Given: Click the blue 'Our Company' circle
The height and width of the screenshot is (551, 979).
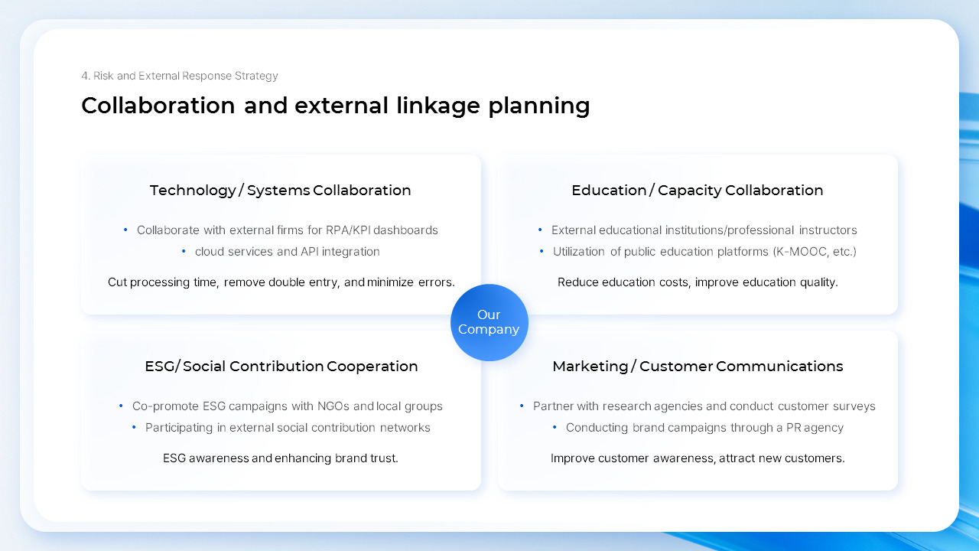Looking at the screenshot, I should pyautogui.click(x=489, y=322).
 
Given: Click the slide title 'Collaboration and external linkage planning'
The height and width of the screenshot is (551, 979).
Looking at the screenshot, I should pyautogui.click(x=335, y=106).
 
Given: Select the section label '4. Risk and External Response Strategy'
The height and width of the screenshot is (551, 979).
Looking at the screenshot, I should pyautogui.click(x=180, y=76).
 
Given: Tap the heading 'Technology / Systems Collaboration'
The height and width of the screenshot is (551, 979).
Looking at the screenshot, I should pyautogui.click(x=280, y=191).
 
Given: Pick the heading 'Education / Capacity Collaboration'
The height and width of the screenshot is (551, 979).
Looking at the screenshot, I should pyautogui.click(x=697, y=191).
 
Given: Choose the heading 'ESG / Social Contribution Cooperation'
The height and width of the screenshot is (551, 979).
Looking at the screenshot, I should pyautogui.click(x=281, y=367).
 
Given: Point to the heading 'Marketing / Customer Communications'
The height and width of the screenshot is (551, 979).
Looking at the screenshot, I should pyautogui.click(x=697, y=367).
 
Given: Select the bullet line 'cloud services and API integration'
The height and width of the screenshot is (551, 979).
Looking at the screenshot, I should pyautogui.click(x=287, y=252).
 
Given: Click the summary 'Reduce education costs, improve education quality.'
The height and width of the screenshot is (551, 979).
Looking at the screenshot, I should pyautogui.click(x=697, y=282).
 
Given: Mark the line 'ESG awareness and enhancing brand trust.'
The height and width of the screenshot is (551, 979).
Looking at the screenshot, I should pyautogui.click(x=280, y=458).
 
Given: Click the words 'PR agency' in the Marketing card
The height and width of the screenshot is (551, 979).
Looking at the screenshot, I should pyautogui.click(x=815, y=428).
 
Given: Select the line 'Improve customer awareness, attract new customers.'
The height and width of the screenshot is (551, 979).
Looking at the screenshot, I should pyautogui.click(x=697, y=458).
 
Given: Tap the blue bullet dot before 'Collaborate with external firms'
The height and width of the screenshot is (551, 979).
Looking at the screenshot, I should pyautogui.click(x=125, y=230).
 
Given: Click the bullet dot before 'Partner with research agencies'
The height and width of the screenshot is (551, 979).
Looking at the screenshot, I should pyautogui.click(x=522, y=406).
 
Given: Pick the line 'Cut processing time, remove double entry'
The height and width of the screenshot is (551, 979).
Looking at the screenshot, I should pyautogui.click(x=281, y=282).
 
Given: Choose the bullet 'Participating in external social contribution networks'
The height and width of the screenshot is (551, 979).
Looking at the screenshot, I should pyautogui.click(x=288, y=428).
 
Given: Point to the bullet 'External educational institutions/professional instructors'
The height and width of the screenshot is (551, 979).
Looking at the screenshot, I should pyautogui.click(x=704, y=230).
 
